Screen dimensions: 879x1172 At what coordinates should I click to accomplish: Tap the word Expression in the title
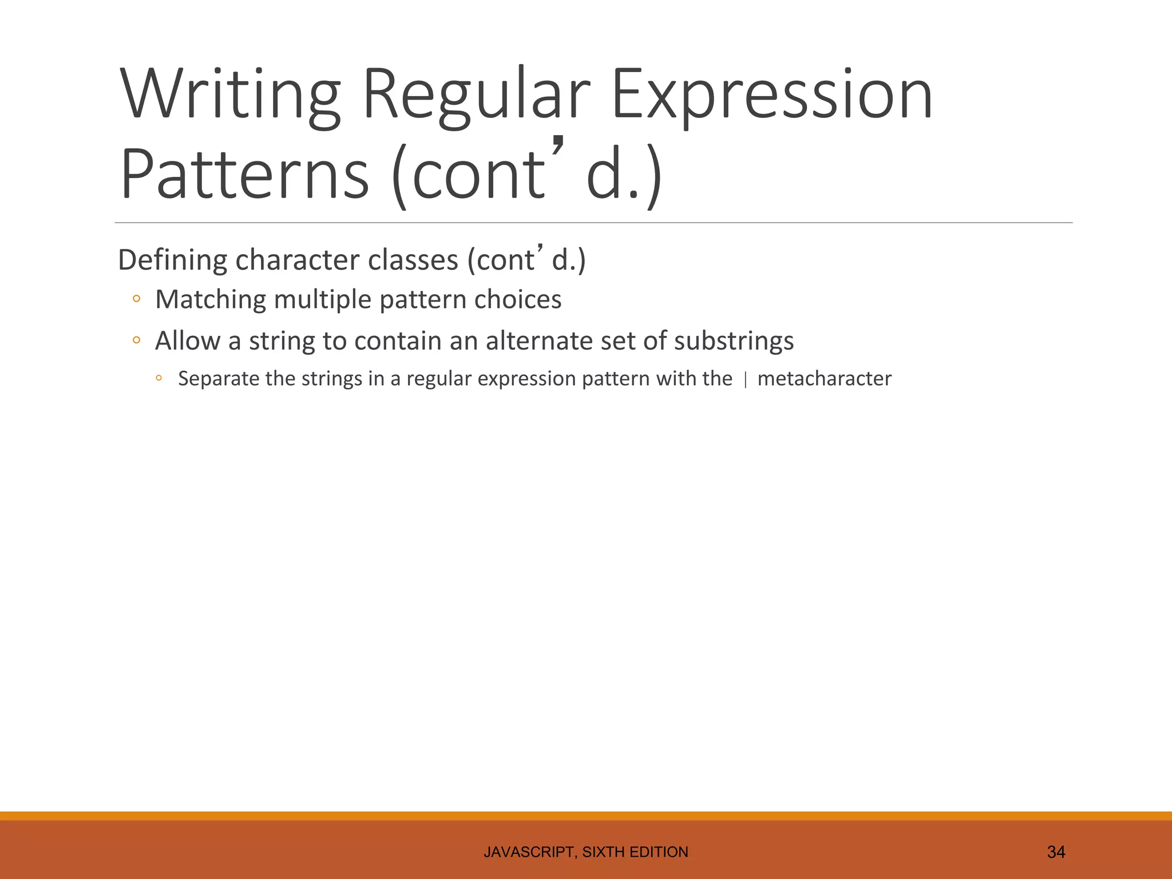pyautogui.click(x=772, y=94)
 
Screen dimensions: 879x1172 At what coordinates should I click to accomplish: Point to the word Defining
pyautogui.click(x=172, y=260)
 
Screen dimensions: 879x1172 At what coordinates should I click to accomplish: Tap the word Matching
pyautogui.click(x=211, y=300)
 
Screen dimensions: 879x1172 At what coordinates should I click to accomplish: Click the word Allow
pyautogui.click(x=188, y=341)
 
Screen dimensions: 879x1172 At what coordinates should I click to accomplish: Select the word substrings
pyautogui.click(x=734, y=341)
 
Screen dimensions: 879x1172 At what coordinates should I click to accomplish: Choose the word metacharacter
pyautogui.click(x=824, y=379)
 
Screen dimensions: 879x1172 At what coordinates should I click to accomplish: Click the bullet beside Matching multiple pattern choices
pyautogui.click(x=136, y=299)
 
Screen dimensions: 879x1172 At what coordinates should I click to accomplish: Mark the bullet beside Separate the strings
pyautogui.click(x=159, y=378)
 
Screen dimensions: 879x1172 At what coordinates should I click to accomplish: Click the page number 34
pyautogui.click(x=1056, y=852)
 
